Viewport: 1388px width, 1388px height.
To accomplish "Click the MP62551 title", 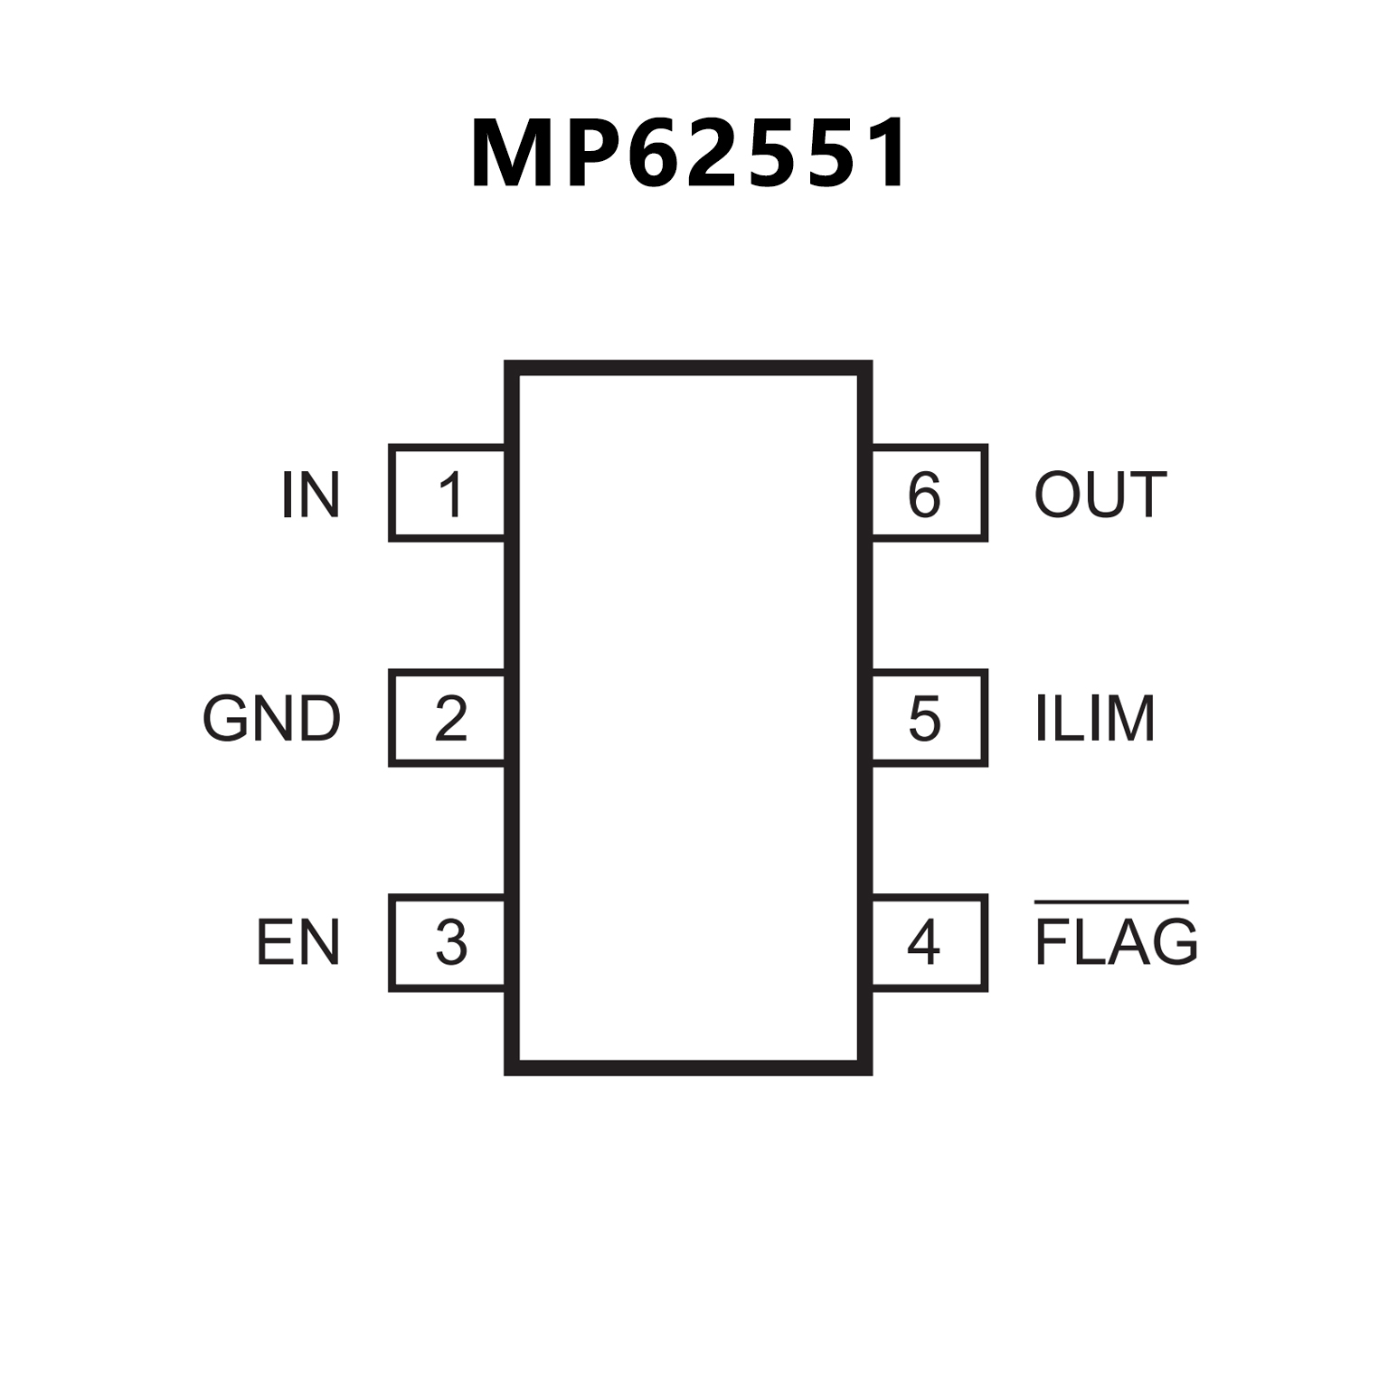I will click(689, 154).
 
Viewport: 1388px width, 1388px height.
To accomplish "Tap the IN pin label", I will click(310, 495).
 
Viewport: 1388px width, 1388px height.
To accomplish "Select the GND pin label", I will click(271, 719).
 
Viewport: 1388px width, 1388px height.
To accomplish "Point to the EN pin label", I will click(297, 943).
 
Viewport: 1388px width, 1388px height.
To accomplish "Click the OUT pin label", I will click(1100, 495).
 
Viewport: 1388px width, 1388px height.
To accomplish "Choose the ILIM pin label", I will click(1094, 719).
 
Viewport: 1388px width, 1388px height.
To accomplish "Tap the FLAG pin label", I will click(1116, 942).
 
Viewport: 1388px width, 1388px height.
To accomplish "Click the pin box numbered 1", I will click(448, 494).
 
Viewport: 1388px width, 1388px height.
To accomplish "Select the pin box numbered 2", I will click(448, 718).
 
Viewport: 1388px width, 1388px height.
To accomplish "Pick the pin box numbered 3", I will click(448, 943).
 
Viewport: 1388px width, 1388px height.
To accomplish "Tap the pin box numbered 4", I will click(928, 943).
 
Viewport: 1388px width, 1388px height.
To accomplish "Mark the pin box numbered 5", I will click(928, 718).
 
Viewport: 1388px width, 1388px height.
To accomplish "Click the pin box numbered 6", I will click(928, 494).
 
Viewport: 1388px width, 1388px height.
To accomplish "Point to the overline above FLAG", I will click(1111, 902).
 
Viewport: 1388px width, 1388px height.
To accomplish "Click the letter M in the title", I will click(511, 154).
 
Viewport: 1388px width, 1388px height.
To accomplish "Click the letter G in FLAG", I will click(1174, 942).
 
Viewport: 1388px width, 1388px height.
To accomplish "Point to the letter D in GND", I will click(319, 719).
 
